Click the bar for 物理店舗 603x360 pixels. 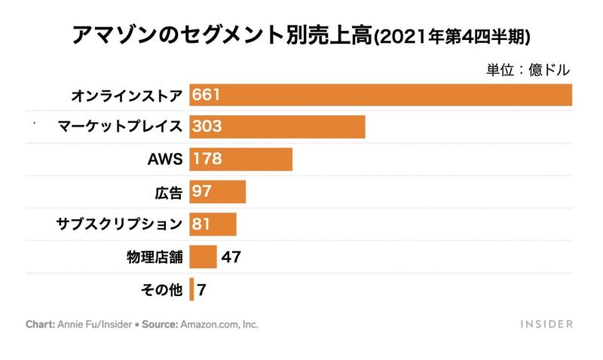click(203, 257)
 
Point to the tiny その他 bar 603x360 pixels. click(191, 289)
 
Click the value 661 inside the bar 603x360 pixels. click(207, 95)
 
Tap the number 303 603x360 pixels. click(207, 127)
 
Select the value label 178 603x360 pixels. click(207, 159)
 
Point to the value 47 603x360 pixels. click(231, 257)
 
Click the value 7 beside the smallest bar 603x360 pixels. click(202, 289)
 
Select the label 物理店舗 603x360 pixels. click(155, 257)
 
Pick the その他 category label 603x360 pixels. click(162, 289)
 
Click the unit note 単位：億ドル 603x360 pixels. click(528, 69)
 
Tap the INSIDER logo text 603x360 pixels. click(546, 325)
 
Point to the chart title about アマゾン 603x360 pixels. click(301, 35)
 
